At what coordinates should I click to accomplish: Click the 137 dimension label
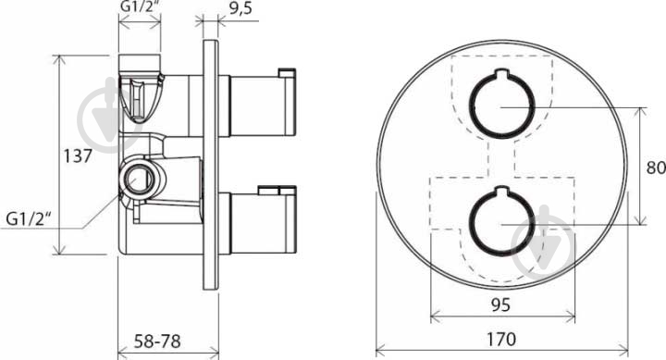coord(78,156)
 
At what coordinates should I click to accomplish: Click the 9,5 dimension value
coord(240,8)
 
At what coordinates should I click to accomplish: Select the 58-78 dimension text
coord(157,341)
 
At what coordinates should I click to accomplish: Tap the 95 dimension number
coord(500,304)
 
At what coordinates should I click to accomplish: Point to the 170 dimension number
coord(501,339)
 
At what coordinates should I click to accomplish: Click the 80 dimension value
coord(656,168)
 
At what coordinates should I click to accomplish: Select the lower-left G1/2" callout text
coord(29,219)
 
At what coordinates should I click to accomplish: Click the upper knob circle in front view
coord(469,105)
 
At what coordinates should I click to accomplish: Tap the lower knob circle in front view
coord(469,221)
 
